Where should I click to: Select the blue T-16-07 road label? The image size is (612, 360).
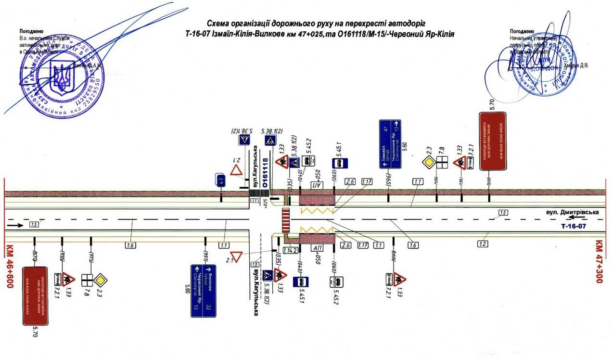pyautogui.click(x=577, y=225)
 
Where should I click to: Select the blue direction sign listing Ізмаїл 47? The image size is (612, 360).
pyautogui.click(x=390, y=144)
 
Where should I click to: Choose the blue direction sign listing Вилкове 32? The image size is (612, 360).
pyautogui.click(x=203, y=290)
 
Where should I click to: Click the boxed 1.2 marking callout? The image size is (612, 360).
pyautogui.click(x=484, y=244)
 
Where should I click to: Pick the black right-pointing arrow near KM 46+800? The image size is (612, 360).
pyautogui.click(x=14, y=225)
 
